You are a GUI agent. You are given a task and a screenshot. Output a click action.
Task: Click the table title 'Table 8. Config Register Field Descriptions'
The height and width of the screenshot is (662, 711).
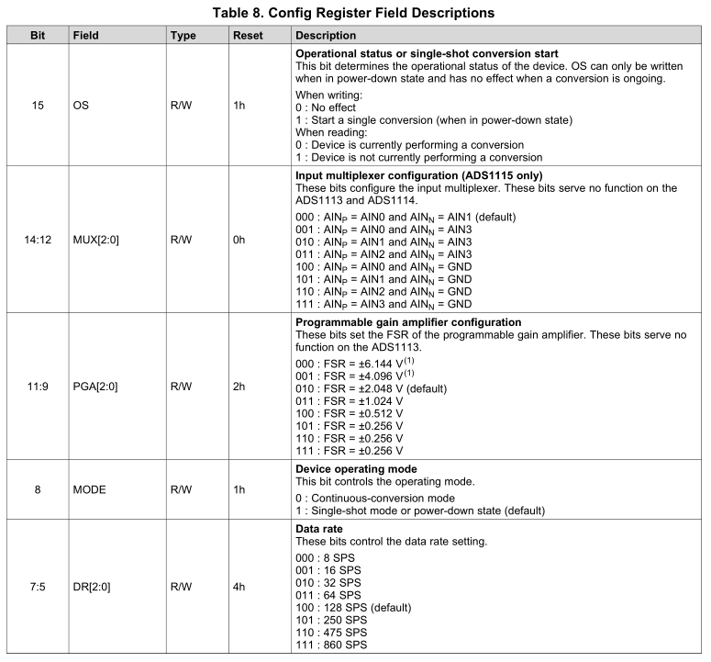354,13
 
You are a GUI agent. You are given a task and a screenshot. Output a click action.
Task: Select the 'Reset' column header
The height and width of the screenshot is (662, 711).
249,36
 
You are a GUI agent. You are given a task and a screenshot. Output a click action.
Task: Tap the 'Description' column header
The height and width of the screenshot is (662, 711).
326,36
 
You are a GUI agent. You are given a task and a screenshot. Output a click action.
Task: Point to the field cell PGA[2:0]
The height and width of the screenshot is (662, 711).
96,387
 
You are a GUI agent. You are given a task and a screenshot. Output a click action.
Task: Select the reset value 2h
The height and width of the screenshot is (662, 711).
240,387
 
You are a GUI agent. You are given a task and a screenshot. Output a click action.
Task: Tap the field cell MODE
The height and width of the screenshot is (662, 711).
90,489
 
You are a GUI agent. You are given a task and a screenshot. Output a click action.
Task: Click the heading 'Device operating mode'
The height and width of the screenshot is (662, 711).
356,469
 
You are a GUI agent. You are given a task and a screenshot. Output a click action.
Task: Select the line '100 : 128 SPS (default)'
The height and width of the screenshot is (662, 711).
353,608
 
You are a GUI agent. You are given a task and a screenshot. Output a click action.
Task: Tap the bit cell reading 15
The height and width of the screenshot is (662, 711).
38,106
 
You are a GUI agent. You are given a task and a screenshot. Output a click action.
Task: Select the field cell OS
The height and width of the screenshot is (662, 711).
81,106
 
